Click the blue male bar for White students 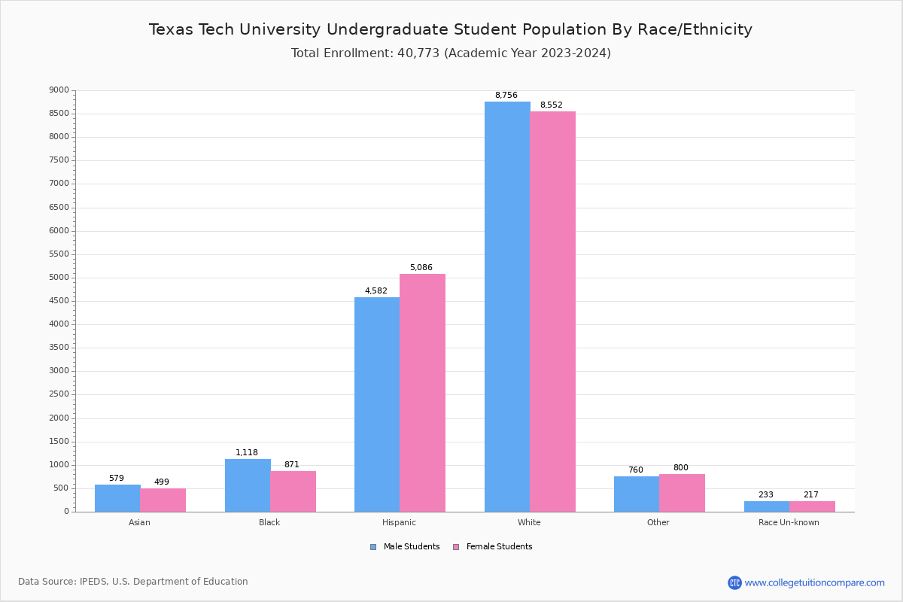tap(507, 307)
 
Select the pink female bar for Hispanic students tap(422, 393)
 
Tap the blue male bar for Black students tap(248, 485)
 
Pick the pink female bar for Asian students tap(163, 500)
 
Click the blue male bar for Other tap(637, 494)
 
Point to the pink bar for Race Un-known tap(812, 506)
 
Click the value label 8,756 tap(506, 96)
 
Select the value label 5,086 tap(421, 268)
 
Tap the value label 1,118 tap(246, 453)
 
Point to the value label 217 tap(810, 495)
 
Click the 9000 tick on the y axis tap(59, 90)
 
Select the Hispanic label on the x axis tap(399, 522)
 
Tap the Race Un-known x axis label tap(789, 522)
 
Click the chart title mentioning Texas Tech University tap(451, 29)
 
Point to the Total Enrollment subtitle tap(451, 53)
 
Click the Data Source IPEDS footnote tap(133, 582)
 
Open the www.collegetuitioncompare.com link tap(814, 582)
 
